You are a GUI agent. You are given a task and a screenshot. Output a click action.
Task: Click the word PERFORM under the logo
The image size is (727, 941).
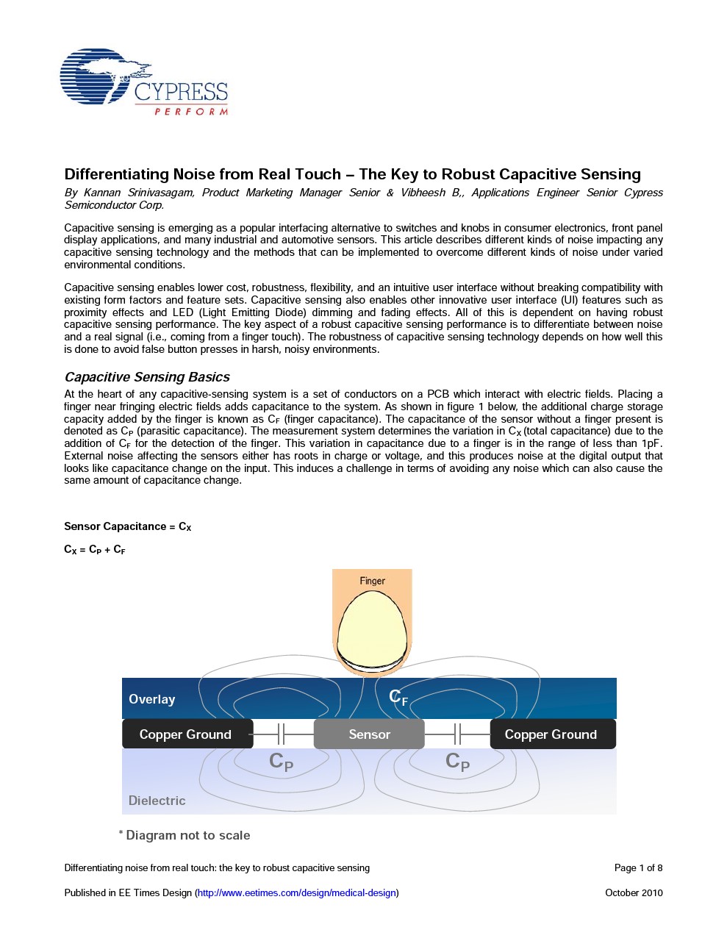[x=191, y=112]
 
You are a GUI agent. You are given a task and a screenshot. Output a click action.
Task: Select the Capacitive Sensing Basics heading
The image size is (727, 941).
[x=147, y=377]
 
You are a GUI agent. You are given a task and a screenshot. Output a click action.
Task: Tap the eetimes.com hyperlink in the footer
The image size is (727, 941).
[x=297, y=892]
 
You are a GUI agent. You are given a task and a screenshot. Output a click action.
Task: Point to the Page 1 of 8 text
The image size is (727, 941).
[x=638, y=867]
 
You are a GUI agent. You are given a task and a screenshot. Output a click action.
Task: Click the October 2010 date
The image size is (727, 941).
[x=634, y=892]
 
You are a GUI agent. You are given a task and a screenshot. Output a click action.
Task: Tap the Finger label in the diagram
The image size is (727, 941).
[x=372, y=581]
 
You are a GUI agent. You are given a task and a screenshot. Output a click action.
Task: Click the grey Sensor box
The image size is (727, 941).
[x=369, y=734]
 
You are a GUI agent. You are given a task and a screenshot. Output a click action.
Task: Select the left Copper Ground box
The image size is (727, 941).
[x=185, y=734]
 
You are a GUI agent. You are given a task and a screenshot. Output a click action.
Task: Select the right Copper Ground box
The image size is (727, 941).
[x=551, y=734]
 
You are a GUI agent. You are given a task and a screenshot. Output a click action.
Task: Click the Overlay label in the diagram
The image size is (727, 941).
[x=152, y=699]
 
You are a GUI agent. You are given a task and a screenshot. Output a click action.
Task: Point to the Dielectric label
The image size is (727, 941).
[x=157, y=801]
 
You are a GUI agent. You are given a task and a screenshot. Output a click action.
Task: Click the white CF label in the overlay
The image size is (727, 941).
[x=398, y=698]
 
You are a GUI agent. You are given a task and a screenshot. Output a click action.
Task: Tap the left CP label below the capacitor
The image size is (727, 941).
[x=282, y=762]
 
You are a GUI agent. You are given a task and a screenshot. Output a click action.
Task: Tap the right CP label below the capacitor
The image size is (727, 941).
[x=457, y=762]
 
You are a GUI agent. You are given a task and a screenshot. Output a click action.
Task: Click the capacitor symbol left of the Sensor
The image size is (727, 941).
[x=282, y=734]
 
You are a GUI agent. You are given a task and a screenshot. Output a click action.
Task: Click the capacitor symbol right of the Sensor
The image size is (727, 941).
[x=457, y=734]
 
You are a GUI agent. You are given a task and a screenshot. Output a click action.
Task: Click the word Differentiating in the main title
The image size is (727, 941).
[x=116, y=174]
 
